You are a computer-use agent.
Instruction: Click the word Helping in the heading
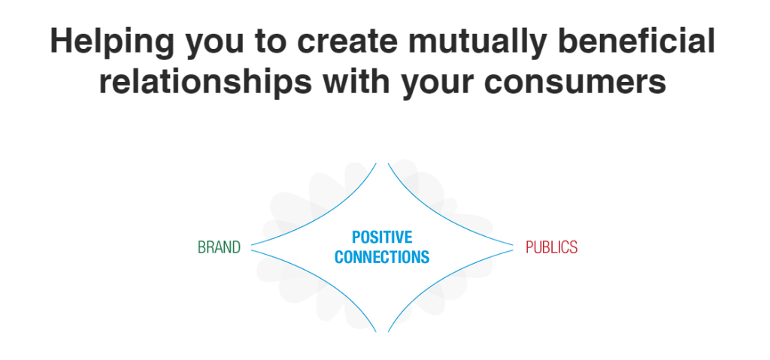click(x=112, y=41)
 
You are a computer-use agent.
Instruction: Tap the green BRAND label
click(x=220, y=247)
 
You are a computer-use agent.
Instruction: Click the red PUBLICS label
click(x=551, y=247)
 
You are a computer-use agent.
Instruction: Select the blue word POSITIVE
click(x=382, y=237)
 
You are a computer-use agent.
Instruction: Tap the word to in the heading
click(x=272, y=42)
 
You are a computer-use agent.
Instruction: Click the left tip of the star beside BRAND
click(x=252, y=247)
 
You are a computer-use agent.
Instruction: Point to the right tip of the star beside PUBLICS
click(x=513, y=247)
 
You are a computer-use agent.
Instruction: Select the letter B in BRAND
click(x=202, y=247)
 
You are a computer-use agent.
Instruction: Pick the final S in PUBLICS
click(x=574, y=247)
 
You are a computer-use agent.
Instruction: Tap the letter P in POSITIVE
click(x=356, y=237)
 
